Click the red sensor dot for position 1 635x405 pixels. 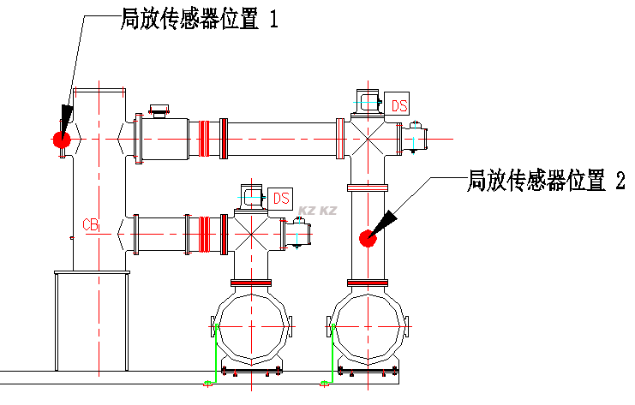pyautogui.click(x=60, y=139)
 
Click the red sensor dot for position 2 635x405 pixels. pyautogui.click(x=368, y=237)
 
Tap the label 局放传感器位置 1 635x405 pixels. pyautogui.click(x=199, y=19)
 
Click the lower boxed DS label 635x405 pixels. pyautogui.click(x=281, y=198)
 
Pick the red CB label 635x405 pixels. pyautogui.click(x=91, y=225)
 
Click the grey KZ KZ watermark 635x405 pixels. pyautogui.click(x=317, y=210)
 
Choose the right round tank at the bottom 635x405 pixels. pyautogui.click(x=368, y=328)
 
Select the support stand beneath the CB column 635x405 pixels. pyautogui.click(x=92, y=321)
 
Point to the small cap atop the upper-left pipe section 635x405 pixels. pyautogui.click(x=159, y=110)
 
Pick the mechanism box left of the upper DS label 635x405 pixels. pyautogui.click(x=369, y=102)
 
